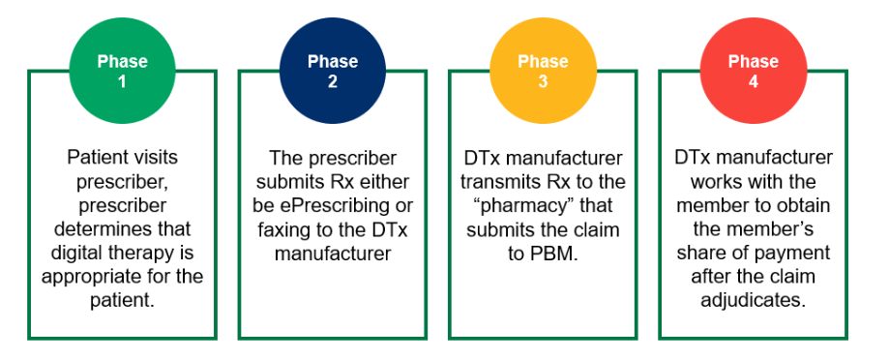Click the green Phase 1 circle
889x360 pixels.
pos(122,71)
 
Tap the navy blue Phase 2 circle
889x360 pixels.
pos(332,71)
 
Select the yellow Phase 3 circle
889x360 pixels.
pos(543,71)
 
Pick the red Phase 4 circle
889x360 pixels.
pos(753,71)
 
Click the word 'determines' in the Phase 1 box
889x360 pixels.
pos(122,229)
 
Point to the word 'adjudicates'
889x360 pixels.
pos(753,300)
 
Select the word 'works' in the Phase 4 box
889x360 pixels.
pos(716,181)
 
